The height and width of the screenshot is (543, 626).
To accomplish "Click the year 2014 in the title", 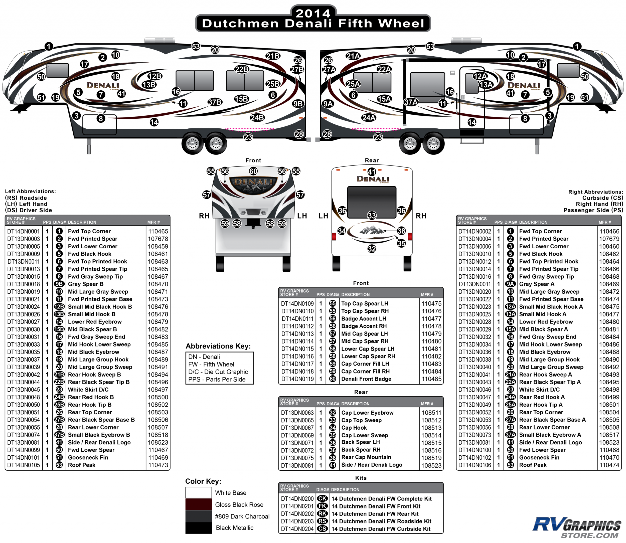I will point(313,13).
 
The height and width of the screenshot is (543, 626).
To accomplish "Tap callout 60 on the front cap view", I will point(253,171).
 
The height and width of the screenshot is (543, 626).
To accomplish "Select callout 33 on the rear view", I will point(372,216).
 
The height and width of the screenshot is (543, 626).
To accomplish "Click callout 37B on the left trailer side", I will point(215,102).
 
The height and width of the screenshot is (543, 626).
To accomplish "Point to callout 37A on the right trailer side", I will point(411,102).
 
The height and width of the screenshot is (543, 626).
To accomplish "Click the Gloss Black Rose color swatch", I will point(199,504).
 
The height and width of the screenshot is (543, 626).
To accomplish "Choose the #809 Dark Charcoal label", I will point(242,516).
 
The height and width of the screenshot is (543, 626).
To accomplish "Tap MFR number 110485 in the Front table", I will point(431,379).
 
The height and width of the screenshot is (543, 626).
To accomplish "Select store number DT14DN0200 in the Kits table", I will point(297,498).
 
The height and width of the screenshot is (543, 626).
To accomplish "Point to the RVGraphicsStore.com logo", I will point(577,527).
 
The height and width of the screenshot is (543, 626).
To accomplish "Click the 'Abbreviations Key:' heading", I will point(218,346).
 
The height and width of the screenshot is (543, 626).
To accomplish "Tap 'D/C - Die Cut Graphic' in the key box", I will point(218,372).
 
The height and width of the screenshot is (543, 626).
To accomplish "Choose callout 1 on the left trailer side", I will point(49,46).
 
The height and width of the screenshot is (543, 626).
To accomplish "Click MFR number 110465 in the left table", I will point(158,231).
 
